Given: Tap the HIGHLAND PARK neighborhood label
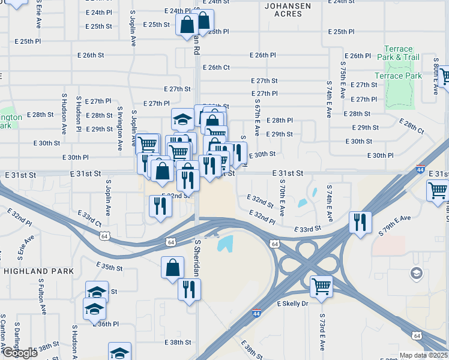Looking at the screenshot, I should pos(30,271).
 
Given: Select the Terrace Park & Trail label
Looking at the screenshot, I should pos(398,53).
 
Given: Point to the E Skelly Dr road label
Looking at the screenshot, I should pos(292,304).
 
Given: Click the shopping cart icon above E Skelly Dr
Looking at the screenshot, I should pos(321,286).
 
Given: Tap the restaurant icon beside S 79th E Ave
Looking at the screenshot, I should pos(360,222).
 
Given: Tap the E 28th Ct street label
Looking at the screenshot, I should pos(411,126).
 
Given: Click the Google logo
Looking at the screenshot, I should pos(19,353).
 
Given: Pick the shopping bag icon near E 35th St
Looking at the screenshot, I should pos(172,266).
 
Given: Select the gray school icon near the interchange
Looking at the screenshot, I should pos(415,274).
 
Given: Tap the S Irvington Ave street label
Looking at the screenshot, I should pos(120,129).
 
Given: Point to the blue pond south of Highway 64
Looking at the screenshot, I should pos(225,243).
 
